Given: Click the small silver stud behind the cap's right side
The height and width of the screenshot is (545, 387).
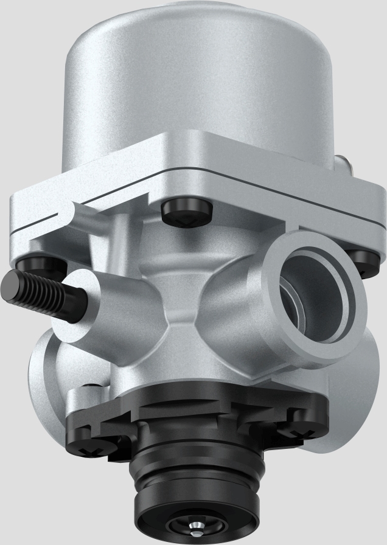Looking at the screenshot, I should coord(343,163).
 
